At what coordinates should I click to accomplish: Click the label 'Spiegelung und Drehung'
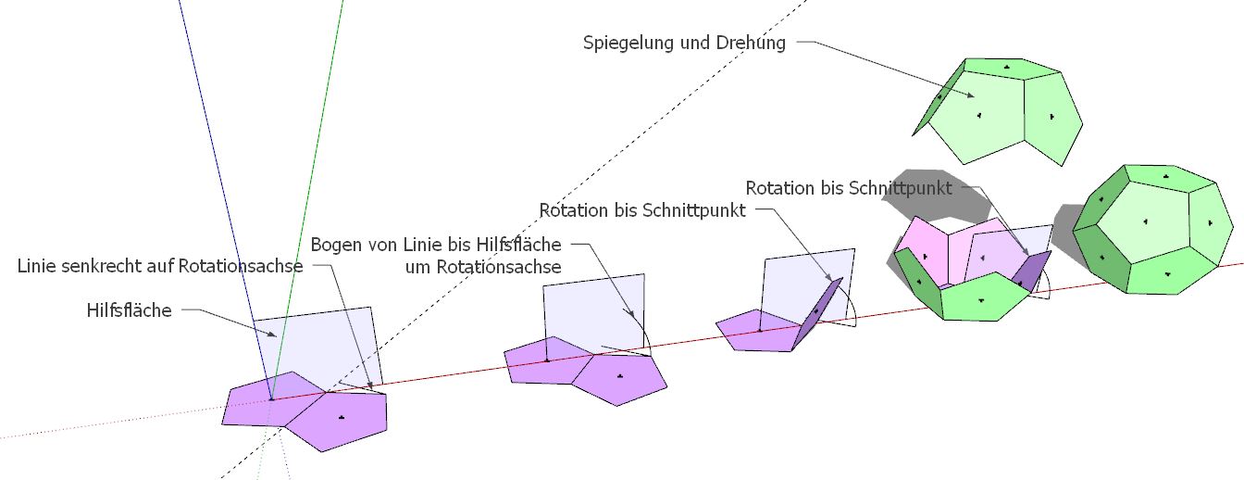[684, 43]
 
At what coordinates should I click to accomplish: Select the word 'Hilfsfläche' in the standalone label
[129, 310]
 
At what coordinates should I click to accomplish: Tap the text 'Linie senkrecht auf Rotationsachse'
[160, 266]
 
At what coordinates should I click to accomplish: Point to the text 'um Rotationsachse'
[483, 268]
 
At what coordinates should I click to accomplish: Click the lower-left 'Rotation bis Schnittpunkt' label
[642, 209]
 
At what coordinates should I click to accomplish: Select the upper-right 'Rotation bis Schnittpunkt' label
[849, 187]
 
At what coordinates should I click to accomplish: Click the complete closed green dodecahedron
[1151, 229]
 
